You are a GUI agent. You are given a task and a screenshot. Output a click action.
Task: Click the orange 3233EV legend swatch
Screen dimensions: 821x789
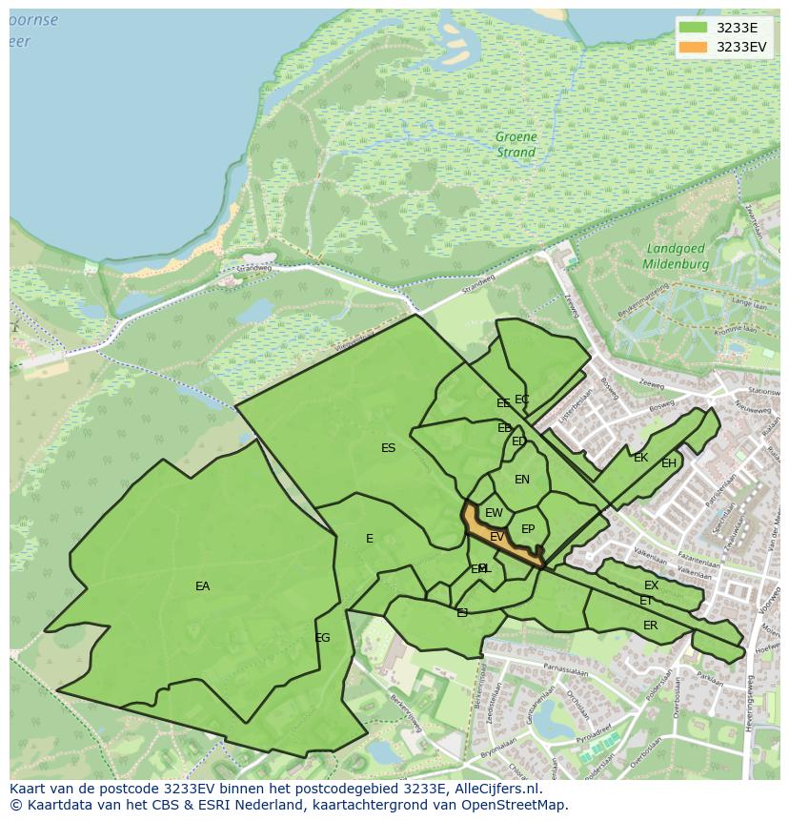(x=694, y=47)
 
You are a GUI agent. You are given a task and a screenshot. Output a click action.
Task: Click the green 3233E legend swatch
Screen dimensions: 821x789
(x=694, y=28)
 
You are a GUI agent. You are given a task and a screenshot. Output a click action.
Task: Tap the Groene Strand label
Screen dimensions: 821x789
(x=516, y=144)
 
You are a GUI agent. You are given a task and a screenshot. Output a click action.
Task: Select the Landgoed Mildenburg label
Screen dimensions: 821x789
(x=675, y=256)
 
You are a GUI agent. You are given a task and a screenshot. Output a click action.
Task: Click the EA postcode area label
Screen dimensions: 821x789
(x=202, y=586)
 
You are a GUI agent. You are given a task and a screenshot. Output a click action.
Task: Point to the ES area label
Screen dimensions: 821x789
(x=388, y=448)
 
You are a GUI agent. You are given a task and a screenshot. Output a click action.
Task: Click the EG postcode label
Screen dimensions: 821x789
(x=322, y=638)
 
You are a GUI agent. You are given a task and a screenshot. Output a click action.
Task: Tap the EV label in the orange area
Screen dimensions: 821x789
(x=496, y=538)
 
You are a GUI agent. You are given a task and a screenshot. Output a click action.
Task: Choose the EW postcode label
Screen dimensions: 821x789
(x=494, y=513)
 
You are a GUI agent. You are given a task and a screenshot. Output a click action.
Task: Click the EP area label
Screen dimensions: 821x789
(x=528, y=529)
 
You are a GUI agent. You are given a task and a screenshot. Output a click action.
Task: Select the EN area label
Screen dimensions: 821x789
(x=522, y=480)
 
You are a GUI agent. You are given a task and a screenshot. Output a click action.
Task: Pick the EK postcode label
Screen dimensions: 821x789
(x=640, y=458)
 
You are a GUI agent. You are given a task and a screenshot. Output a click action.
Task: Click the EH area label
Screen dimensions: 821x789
(x=669, y=463)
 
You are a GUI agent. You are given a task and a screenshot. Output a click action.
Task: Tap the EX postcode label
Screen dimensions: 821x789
(x=651, y=585)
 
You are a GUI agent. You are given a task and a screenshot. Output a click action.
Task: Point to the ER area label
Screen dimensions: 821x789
(x=650, y=626)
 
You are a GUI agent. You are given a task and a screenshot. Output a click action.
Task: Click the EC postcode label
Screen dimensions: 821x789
(x=522, y=400)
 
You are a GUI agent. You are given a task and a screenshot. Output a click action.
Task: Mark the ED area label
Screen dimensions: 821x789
(x=519, y=441)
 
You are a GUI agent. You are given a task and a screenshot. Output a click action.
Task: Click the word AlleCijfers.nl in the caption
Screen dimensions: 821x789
(x=496, y=789)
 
